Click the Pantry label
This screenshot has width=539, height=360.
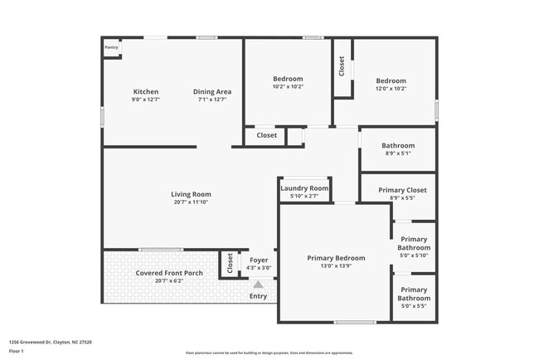(111, 48)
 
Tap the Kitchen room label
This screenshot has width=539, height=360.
(146, 91)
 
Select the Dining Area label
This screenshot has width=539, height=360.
(212, 91)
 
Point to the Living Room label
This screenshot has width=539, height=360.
(192, 194)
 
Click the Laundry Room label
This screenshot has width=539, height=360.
(304, 188)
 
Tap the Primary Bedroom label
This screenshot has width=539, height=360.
(336, 257)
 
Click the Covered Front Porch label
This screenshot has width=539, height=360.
(168, 273)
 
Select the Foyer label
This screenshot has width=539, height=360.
(259, 260)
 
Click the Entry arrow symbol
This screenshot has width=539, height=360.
(257, 285)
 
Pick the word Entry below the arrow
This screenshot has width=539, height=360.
(258, 296)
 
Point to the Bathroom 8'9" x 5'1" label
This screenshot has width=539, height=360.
(398, 146)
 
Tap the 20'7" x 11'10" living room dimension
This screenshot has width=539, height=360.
(192, 202)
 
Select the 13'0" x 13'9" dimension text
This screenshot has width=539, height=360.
(336, 265)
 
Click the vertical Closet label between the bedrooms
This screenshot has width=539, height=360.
(342, 66)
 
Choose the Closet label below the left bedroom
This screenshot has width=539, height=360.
(266, 135)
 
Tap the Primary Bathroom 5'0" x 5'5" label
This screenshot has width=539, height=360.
(413, 294)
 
